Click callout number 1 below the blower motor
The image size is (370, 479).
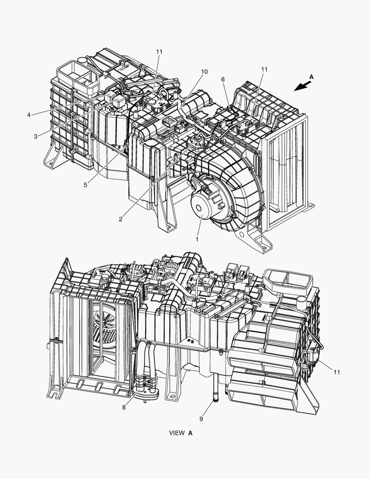click(x=197, y=239)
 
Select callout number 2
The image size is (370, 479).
click(x=121, y=219)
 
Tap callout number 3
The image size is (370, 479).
click(x=36, y=137)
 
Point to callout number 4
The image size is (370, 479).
click(x=29, y=115)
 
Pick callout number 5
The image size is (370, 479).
click(x=86, y=185)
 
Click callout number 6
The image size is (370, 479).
click(x=223, y=79)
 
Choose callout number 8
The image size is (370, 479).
click(x=124, y=408)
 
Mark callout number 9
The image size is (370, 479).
click(x=201, y=419)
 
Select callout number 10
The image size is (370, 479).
click(x=204, y=71)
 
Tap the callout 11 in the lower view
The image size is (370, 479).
click(x=336, y=372)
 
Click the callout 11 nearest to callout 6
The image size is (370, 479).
click(x=264, y=69)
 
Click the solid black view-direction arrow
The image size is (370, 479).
click(x=303, y=86)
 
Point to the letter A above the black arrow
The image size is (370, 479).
click(x=311, y=77)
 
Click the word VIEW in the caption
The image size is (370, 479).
click(x=177, y=433)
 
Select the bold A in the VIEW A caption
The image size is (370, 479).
click(x=190, y=433)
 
